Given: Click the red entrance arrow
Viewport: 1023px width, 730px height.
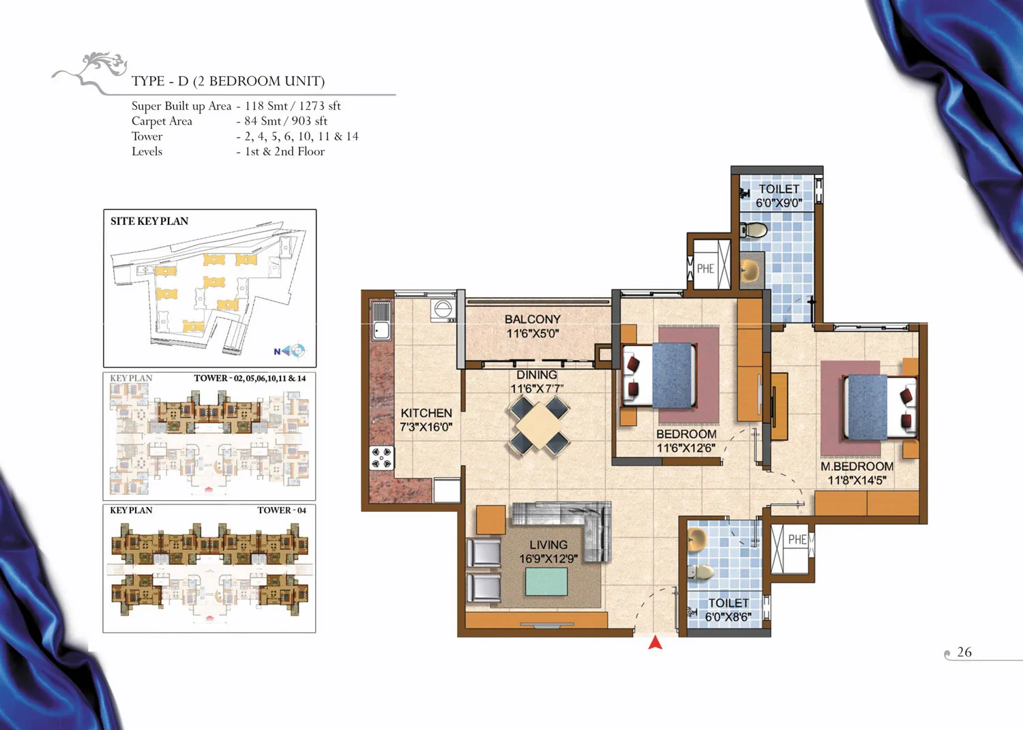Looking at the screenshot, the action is (655, 642).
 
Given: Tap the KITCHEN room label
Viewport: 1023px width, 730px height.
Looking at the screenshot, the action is (426, 412).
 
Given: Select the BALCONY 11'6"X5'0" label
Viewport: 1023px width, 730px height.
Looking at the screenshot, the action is (533, 326).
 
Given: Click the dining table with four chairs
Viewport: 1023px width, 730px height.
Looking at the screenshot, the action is (539, 426).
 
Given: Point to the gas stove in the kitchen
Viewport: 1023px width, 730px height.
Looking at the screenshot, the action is (382, 458).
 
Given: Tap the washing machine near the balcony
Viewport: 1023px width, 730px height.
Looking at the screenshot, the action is (442, 309).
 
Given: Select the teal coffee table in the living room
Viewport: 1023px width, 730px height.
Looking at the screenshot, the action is (546, 581).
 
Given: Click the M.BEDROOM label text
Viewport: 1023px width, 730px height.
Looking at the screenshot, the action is (857, 467).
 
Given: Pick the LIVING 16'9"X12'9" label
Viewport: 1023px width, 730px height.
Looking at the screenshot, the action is (548, 551).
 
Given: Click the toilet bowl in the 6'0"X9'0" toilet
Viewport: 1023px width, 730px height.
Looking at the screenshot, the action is (754, 230).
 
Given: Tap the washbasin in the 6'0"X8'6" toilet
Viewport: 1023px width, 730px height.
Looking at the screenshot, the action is (698, 540).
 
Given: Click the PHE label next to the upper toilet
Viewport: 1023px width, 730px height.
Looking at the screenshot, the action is (705, 269).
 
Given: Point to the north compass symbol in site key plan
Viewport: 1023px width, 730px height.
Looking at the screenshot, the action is (290, 350).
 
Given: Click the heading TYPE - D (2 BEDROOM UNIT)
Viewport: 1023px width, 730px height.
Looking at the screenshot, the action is (228, 81).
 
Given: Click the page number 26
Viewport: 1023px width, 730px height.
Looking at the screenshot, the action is (964, 652).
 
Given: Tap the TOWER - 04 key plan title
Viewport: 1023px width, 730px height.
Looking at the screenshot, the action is (281, 510).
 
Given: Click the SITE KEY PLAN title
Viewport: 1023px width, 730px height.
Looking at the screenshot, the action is (149, 221).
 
